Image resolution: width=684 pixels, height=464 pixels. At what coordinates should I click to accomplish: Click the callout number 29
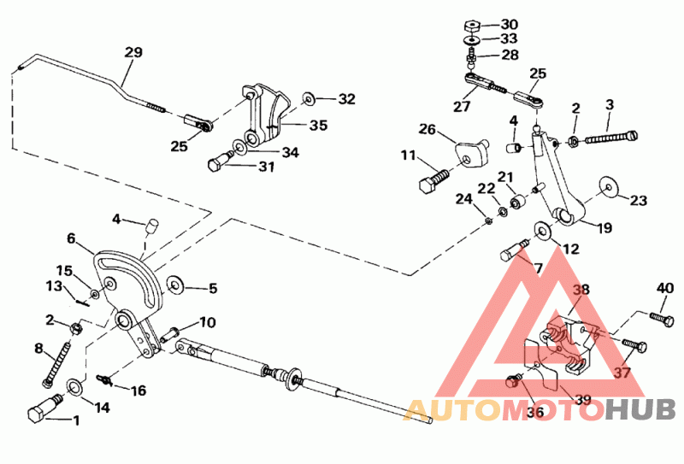coord(133,52)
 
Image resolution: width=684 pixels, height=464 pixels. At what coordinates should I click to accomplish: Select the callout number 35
coord(318,125)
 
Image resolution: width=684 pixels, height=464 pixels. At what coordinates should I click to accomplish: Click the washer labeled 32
coord(309,99)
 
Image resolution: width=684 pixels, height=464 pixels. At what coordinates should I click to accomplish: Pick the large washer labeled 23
coord(609,187)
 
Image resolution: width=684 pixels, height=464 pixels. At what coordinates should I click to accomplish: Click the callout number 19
coord(605,227)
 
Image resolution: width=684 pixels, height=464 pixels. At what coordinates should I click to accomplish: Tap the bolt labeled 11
coord(433,179)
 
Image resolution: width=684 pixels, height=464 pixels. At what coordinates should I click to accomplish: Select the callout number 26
coord(427,130)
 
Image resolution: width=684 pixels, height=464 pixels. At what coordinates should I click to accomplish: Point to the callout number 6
coord(71,238)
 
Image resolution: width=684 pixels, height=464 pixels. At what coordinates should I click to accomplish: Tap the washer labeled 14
coord(75,387)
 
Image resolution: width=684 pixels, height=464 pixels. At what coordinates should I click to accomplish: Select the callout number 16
coord(139,390)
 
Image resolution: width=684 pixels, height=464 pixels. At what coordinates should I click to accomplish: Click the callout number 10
coord(207,322)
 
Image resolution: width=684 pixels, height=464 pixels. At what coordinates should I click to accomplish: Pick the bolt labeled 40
coord(661,319)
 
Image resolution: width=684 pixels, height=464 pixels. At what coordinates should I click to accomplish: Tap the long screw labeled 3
coord(611,137)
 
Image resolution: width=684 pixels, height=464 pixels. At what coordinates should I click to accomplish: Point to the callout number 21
coord(505,177)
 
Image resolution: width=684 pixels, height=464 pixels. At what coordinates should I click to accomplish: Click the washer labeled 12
coord(543,231)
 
